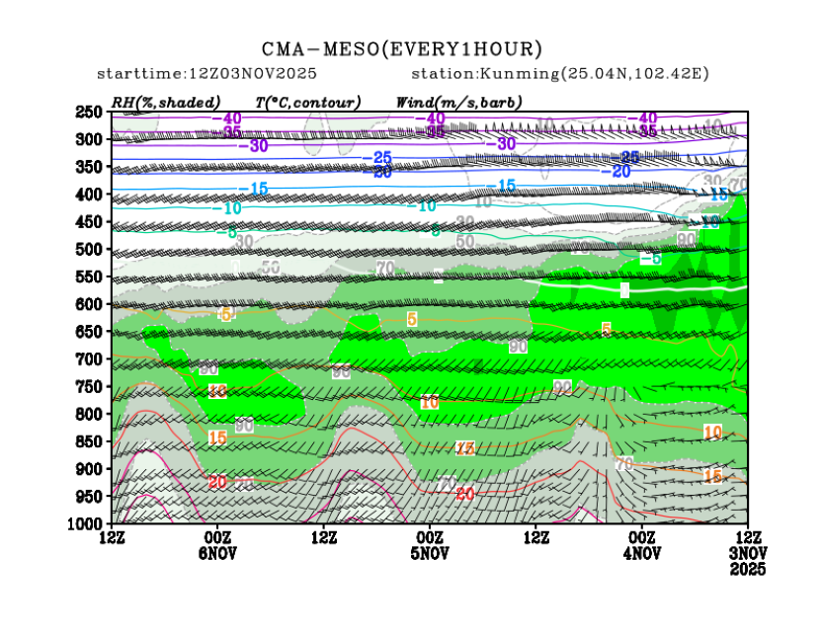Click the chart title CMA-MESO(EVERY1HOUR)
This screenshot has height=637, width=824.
402,48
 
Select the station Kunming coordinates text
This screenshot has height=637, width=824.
559,74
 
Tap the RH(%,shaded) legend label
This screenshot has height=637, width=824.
165,102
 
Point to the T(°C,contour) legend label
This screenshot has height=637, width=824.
307,102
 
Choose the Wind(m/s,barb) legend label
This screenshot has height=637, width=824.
458,102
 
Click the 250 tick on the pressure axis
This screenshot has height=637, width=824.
90,112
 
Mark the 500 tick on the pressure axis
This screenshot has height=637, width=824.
90,249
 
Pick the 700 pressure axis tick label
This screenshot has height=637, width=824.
90,358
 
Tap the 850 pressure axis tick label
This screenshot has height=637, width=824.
90,440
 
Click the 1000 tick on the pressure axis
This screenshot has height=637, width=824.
86,522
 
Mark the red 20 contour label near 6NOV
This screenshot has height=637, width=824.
219,481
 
